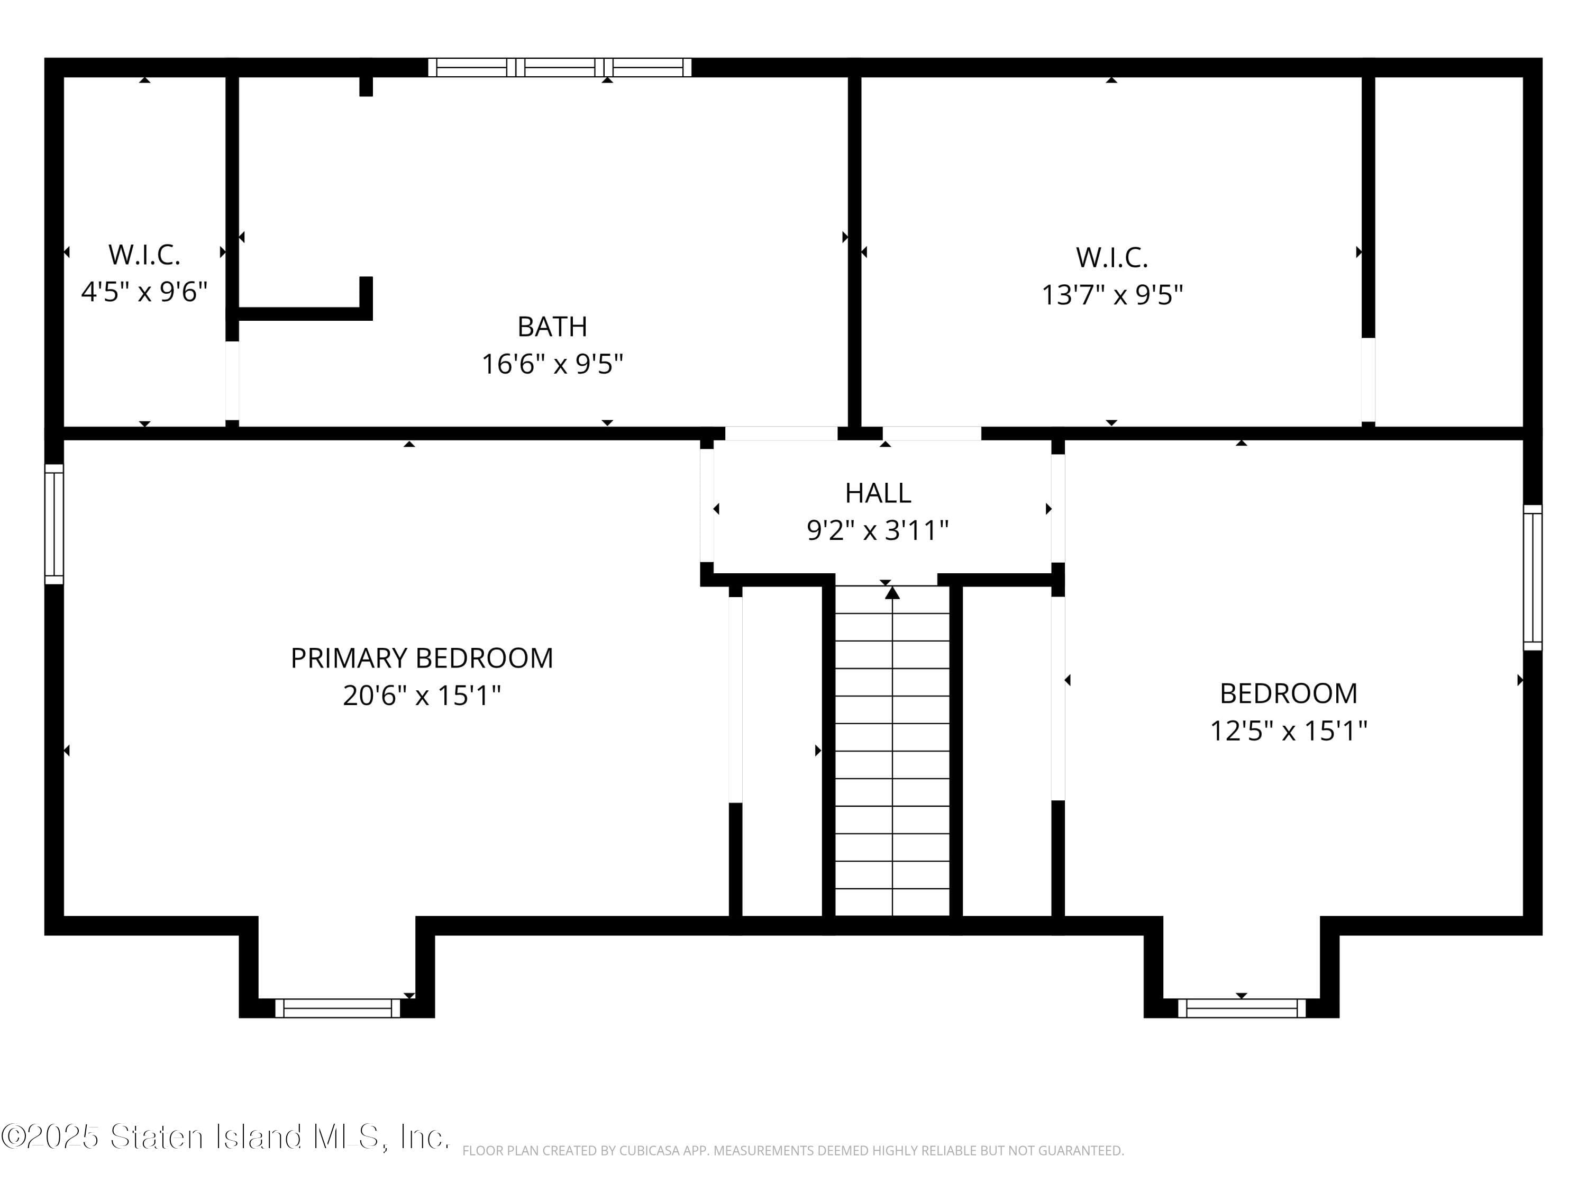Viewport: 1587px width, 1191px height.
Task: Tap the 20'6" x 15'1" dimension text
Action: coord(422,696)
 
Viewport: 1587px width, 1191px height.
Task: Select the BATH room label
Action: coord(552,327)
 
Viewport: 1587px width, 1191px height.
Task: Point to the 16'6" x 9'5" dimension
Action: coord(552,364)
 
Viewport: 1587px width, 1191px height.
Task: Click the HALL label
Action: coord(878,493)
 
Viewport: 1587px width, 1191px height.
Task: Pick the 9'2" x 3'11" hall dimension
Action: coord(878,530)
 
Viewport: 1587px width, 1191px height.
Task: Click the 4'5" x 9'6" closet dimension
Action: coord(144,292)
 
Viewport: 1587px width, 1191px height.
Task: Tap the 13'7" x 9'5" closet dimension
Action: coord(1111,295)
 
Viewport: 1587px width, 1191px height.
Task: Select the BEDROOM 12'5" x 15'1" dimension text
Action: coord(1289,731)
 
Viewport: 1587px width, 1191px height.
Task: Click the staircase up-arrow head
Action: coord(892,593)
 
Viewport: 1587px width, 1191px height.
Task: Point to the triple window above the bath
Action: coord(560,67)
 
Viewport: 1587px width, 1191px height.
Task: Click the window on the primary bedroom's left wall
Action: coord(54,524)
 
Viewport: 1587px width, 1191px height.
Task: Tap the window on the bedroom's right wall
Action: coord(1532,578)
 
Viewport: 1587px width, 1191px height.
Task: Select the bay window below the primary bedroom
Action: coord(337,1008)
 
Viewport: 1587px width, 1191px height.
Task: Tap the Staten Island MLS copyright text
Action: coord(226,1137)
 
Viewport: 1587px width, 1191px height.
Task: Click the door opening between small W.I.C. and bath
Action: coord(232,381)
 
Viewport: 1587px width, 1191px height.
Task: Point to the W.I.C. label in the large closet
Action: coord(1111,258)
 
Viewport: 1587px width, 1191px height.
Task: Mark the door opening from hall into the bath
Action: coord(781,434)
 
